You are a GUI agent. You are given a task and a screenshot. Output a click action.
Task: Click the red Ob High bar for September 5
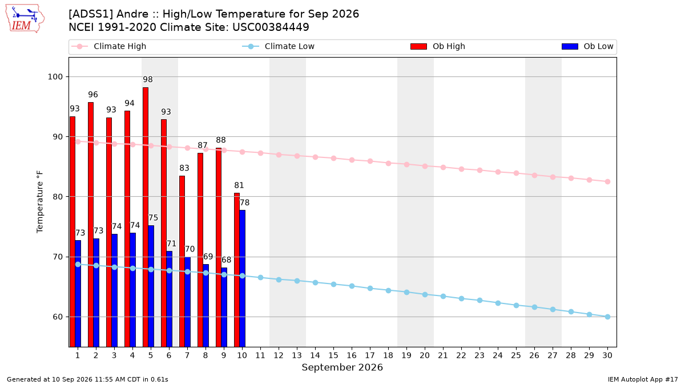[x=146, y=217]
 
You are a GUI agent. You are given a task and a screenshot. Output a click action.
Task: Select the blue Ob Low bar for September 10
[x=243, y=278]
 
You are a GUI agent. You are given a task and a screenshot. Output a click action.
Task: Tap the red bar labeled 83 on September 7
[x=182, y=261]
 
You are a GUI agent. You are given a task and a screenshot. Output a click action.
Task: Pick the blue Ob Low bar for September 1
[x=78, y=293]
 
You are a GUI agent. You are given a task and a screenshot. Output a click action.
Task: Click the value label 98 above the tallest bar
[x=148, y=79]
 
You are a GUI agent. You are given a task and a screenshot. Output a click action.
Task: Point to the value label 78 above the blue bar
[x=244, y=202]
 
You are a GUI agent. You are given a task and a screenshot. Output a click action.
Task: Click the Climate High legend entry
[x=108, y=46]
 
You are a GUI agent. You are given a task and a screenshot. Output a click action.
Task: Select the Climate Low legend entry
[x=279, y=46]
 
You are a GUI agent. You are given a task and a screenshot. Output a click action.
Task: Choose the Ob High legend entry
[x=438, y=46]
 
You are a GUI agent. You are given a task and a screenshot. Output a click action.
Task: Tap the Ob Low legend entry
[x=587, y=46]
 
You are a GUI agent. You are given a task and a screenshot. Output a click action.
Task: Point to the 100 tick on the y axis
[x=55, y=76]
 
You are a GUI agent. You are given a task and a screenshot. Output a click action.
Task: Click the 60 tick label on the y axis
[x=58, y=317]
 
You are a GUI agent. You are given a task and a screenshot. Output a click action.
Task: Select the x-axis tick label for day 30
[x=607, y=355]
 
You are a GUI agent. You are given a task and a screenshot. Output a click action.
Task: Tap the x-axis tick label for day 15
[x=333, y=355]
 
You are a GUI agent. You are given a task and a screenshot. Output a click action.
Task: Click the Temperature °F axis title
[x=40, y=202]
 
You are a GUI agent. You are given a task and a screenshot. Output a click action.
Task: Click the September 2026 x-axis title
[x=342, y=367]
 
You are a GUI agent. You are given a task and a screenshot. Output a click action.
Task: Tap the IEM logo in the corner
[x=25, y=19]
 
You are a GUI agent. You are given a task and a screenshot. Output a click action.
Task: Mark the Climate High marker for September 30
[x=607, y=181]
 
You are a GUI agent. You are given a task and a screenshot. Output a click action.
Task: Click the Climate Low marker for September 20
[x=425, y=294]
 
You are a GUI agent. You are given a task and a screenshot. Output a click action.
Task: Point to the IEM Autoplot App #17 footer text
[x=643, y=379]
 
